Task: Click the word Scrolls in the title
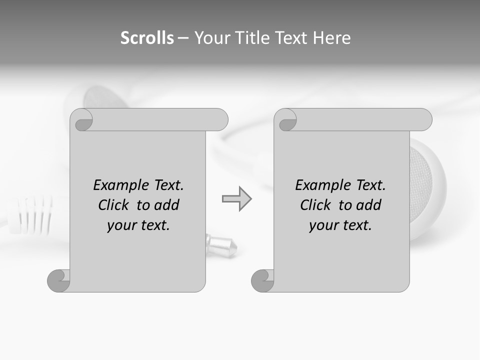coord(147,38)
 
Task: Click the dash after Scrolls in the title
coord(183,38)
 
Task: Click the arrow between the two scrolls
coord(237,199)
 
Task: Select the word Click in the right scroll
coord(315,205)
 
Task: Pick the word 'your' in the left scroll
coord(120,225)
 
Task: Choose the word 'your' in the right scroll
coord(322,225)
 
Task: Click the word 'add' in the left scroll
coord(166,205)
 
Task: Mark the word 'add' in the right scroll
coord(368,205)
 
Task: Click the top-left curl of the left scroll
coord(81,120)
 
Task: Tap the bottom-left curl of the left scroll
coord(59,280)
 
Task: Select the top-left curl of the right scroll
coord(285,120)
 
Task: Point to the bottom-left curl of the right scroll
coord(262,280)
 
